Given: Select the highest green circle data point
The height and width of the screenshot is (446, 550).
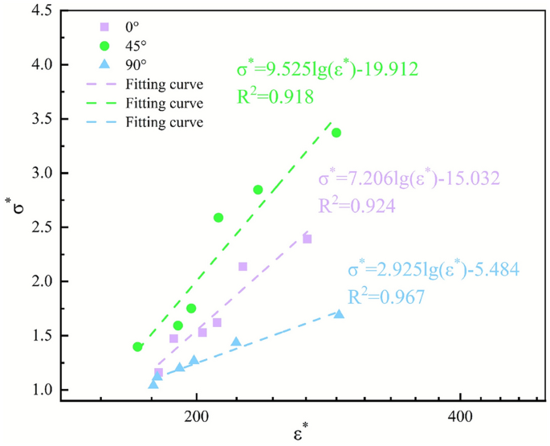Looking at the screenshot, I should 336,133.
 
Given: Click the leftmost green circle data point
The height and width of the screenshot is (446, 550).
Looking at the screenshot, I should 137,346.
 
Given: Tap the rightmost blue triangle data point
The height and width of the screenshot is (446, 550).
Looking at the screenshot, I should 339,313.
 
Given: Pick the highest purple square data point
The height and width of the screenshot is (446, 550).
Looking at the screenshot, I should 307,239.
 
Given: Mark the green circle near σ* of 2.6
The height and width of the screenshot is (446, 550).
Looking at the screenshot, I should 218,218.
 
